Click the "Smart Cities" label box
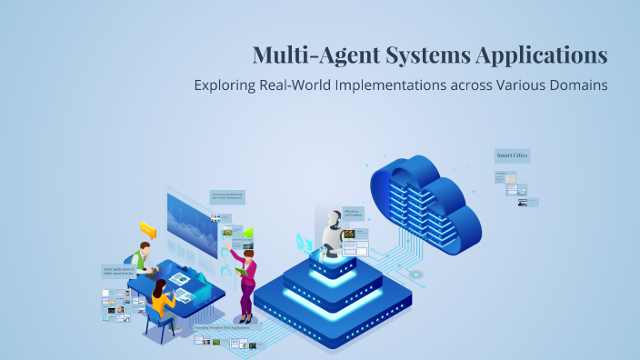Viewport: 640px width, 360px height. click(512, 155)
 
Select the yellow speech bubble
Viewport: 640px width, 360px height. click(147, 228)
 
